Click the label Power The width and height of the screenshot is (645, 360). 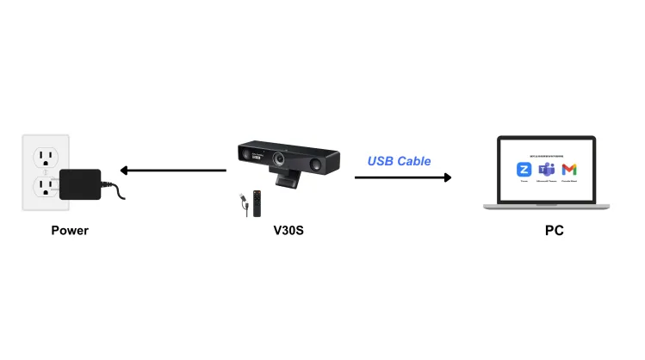[x=69, y=230]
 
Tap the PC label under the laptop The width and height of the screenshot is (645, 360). [x=555, y=230]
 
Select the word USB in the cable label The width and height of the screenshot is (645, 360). [x=380, y=161]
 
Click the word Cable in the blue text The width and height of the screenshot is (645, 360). [x=414, y=161]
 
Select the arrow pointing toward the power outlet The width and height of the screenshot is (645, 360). [x=172, y=171]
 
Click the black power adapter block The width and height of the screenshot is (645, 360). [x=80, y=183]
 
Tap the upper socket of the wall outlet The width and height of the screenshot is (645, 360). [x=43, y=158]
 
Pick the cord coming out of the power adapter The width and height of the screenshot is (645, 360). [x=115, y=189]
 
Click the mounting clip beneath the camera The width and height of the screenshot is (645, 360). [x=286, y=182]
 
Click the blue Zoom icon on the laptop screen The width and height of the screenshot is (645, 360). [x=523, y=170]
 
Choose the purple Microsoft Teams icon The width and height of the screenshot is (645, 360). [x=545, y=170]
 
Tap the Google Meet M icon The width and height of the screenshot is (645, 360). [x=568, y=170]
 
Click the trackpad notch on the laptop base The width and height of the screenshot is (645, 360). [x=546, y=205]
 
